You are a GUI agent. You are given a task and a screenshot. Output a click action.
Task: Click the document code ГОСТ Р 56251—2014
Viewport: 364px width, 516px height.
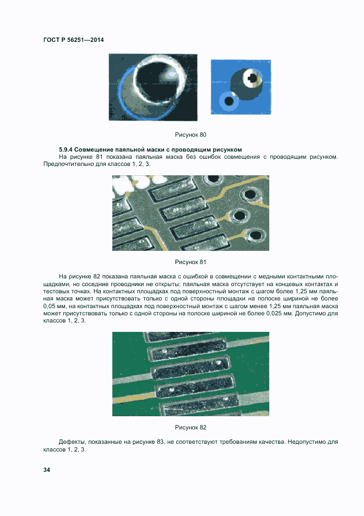(73, 40)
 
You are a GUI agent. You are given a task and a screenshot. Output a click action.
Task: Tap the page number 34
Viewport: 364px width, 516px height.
(47, 470)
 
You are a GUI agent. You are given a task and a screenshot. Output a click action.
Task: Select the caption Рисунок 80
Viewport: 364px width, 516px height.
(191, 135)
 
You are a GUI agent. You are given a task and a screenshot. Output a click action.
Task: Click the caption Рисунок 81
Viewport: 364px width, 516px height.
(191, 262)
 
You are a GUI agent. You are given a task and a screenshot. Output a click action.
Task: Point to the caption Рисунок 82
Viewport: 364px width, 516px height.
(191, 427)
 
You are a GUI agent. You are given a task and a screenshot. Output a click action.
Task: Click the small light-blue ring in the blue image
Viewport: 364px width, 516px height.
(227, 100)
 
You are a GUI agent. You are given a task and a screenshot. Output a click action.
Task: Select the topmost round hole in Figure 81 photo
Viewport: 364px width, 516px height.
(211, 180)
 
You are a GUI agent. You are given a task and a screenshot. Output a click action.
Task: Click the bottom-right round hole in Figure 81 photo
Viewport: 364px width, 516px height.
(254, 235)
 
